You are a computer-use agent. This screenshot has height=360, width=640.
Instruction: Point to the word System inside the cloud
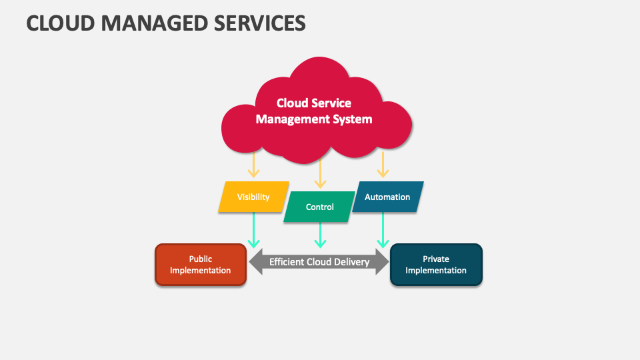[353, 120]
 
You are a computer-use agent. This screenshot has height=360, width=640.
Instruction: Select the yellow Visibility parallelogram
[253, 197]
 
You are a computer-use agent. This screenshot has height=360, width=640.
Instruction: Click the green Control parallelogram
[319, 207]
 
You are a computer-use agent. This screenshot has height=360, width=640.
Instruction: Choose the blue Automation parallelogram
[387, 197]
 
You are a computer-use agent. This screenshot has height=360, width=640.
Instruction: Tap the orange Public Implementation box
[201, 265]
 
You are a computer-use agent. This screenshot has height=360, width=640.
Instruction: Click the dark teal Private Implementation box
[435, 265]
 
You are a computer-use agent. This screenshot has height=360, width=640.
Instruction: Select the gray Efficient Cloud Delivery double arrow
[319, 262]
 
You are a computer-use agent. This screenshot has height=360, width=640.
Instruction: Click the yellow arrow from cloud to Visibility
[253, 165]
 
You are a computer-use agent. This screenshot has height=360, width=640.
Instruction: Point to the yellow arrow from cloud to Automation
[383, 165]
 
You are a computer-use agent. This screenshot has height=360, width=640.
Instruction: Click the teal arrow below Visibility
[253, 230]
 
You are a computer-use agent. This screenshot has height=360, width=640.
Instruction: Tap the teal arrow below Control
[320, 235]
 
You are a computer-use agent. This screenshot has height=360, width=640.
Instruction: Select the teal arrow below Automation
[383, 230]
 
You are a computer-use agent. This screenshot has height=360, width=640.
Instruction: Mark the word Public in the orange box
[201, 259]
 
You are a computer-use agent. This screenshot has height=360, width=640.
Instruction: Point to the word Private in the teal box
[436, 259]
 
